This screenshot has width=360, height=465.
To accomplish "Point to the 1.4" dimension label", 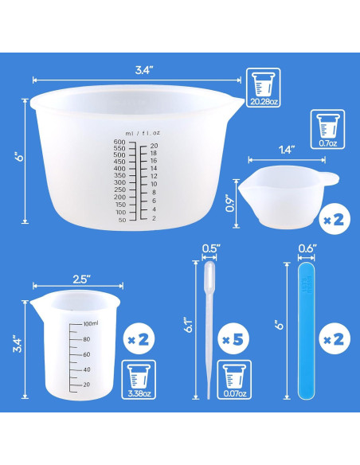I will (x=288, y=148).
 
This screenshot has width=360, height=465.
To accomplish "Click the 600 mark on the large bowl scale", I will (x=120, y=143).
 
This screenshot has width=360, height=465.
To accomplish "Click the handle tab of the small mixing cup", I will (x=327, y=178).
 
